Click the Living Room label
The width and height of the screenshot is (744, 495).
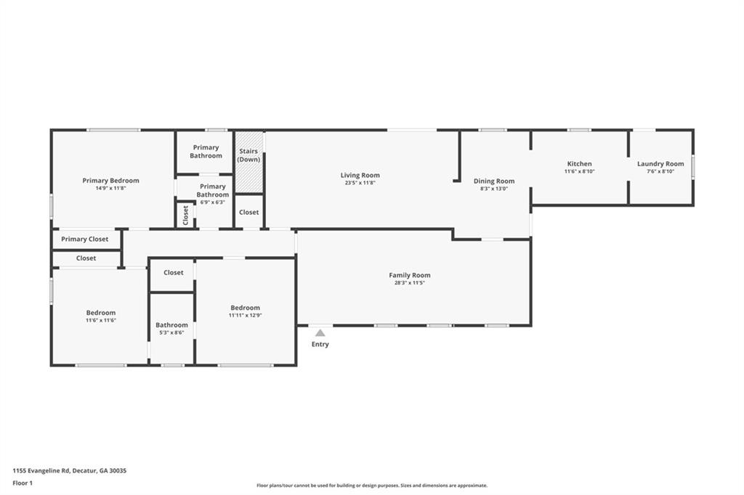[x=360, y=175]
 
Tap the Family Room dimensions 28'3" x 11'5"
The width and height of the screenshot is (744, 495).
[x=410, y=283]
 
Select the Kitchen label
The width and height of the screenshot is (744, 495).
[x=579, y=164]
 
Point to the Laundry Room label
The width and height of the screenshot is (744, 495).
[x=660, y=164]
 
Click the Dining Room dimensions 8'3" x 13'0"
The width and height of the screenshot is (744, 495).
[x=494, y=189]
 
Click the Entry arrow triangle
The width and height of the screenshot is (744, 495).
[x=320, y=333]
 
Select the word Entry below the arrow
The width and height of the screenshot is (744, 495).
[x=320, y=344]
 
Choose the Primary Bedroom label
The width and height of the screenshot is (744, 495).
[x=110, y=181]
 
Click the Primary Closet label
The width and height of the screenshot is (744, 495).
[x=85, y=240]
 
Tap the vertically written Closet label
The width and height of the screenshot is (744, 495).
[x=185, y=215]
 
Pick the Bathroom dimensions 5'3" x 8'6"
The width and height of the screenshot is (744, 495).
[x=171, y=332]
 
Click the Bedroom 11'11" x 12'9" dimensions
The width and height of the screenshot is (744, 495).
[x=245, y=315]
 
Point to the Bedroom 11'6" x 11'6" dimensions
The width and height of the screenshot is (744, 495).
[x=101, y=320]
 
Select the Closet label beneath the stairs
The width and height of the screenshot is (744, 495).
[x=248, y=213]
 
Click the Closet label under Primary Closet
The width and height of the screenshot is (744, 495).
[x=86, y=258]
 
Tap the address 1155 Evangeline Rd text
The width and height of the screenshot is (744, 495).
[x=69, y=470]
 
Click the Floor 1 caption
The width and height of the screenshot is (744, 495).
[x=23, y=483]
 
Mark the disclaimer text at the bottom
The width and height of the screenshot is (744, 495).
[x=371, y=486]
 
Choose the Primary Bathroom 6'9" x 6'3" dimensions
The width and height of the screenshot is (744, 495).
[x=212, y=202]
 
